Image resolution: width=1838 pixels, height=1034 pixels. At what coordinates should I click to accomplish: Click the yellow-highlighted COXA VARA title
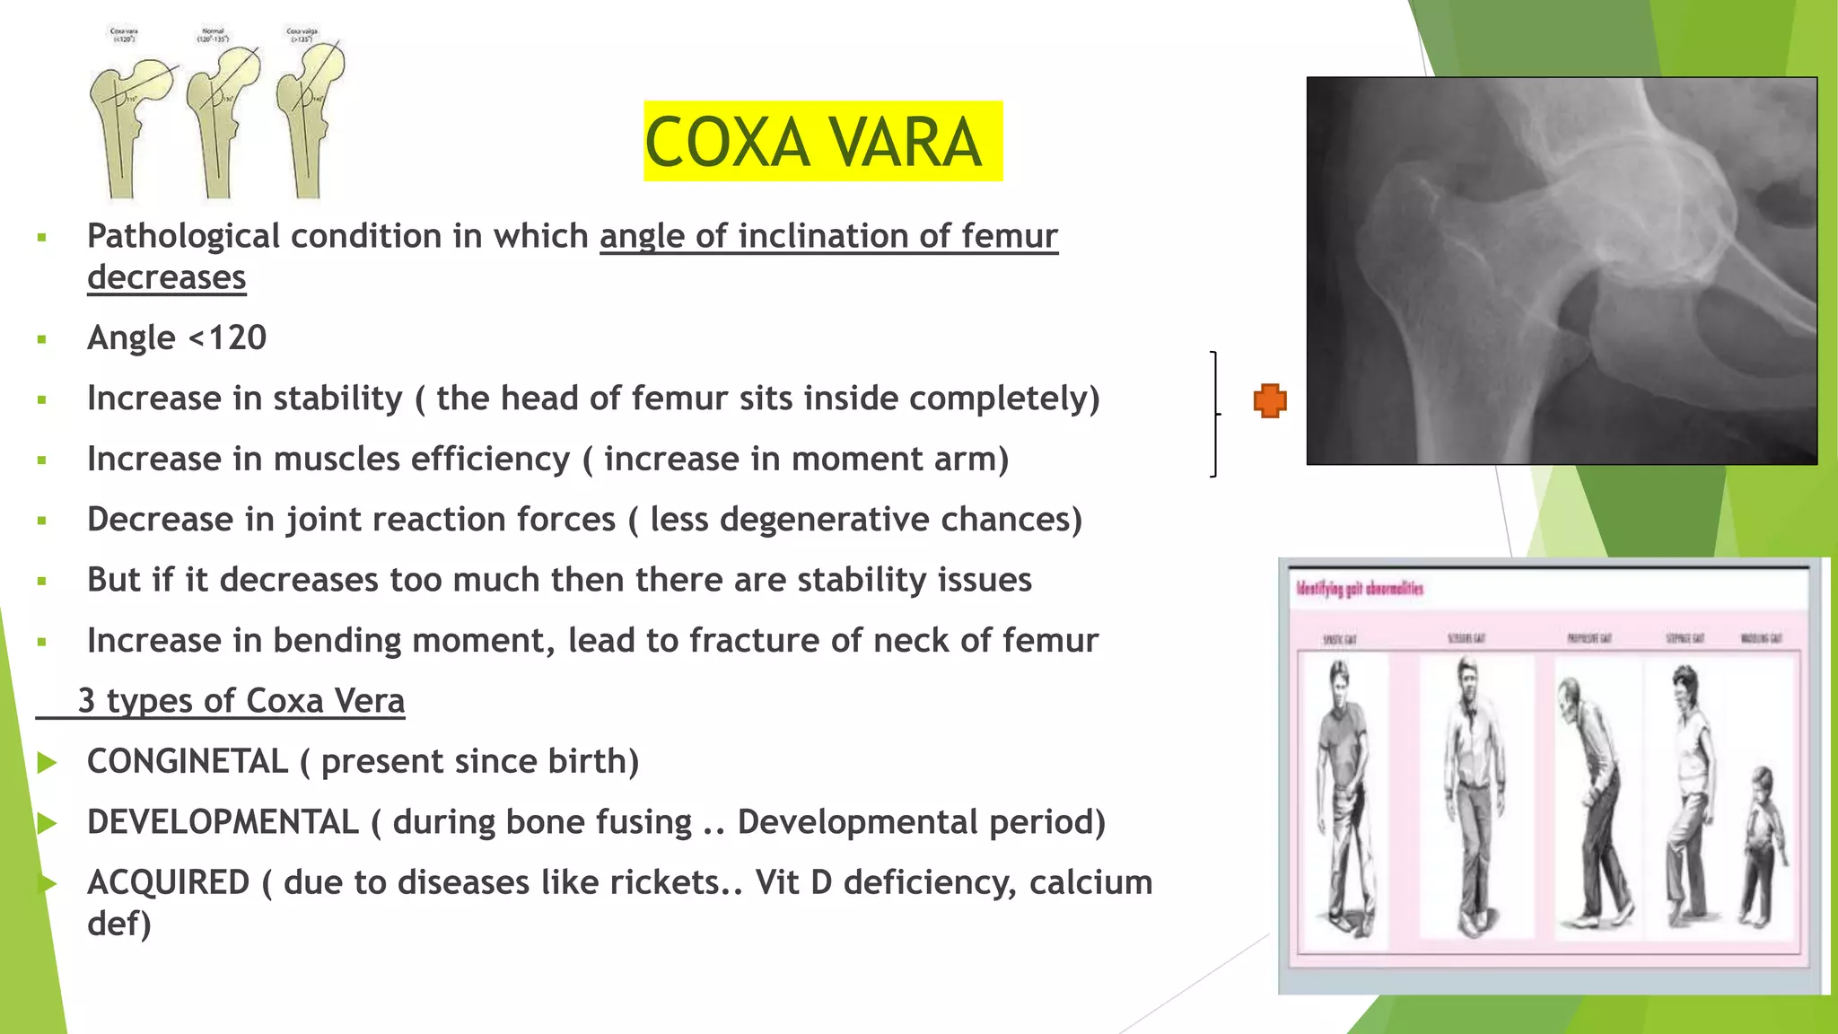(822, 142)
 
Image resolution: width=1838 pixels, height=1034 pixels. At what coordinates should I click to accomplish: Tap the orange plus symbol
(1270, 400)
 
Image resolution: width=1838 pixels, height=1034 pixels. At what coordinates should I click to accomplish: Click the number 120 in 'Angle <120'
(238, 338)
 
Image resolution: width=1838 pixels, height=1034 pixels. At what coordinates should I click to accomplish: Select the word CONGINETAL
(188, 762)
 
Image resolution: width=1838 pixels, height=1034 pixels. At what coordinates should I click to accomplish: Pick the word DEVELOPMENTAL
(223, 822)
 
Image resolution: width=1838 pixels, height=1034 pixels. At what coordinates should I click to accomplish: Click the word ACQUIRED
(168, 882)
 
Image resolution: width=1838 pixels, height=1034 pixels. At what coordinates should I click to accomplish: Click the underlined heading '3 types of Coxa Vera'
(241, 701)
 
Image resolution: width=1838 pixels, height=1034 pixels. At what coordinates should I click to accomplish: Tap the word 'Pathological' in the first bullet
(183, 237)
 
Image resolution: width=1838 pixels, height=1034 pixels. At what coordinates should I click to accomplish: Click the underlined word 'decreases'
(166, 278)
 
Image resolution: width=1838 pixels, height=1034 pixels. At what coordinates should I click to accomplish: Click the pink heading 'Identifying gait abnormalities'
(1360, 589)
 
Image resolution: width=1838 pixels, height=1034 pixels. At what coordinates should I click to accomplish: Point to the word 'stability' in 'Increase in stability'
(338, 399)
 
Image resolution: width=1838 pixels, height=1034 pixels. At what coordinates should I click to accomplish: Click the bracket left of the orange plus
(1215, 414)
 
